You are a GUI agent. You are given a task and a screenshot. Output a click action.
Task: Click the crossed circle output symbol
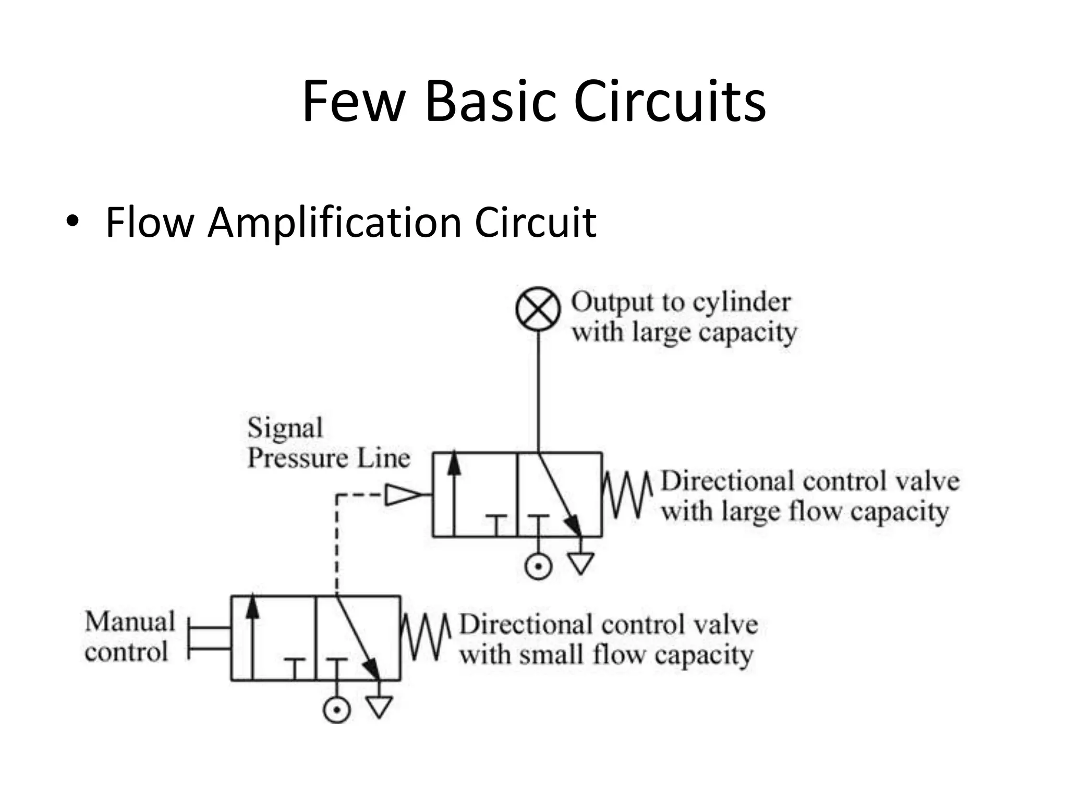[538, 309]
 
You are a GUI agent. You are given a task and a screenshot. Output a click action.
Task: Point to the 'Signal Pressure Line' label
[327, 443]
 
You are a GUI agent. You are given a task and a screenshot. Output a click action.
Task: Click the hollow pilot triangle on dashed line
[402, 494]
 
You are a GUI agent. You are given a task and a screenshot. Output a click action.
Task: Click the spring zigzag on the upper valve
[626, 494]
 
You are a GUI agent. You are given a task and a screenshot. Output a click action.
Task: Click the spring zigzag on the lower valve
[424, 637]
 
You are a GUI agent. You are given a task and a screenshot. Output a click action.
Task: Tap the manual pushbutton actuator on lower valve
[209, 639]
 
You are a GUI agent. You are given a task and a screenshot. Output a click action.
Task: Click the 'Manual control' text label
[129, 637]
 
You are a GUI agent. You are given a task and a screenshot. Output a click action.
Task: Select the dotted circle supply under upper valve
[538, 566]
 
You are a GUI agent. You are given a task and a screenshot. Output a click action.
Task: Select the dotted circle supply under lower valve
[336, 709]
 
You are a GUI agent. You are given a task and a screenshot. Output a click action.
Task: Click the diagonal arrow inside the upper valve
[560, 494]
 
